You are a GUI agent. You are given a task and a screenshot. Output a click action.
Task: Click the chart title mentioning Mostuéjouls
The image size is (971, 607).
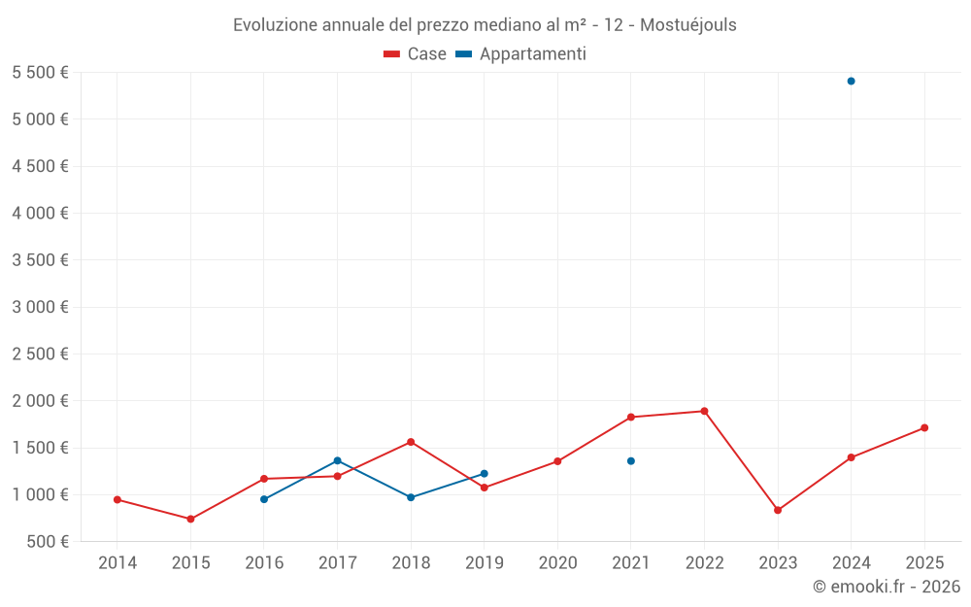coord(485,24)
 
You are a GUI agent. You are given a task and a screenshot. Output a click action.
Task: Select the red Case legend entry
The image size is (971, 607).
coord(415,54)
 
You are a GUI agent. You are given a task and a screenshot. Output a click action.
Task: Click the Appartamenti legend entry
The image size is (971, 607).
coord(520,54)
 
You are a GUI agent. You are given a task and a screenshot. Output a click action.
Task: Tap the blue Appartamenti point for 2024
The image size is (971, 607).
coord(851,81)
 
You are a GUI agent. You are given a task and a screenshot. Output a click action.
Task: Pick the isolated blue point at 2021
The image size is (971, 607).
coord(631,461)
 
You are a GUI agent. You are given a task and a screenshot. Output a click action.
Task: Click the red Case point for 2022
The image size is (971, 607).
coord(704,411)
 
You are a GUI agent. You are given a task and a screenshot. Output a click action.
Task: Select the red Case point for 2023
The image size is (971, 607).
coord(778,510)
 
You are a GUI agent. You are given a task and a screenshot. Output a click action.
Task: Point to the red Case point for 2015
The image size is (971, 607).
coord(190,519)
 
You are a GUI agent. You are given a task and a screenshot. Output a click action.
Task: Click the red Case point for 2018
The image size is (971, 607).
coord(411,442)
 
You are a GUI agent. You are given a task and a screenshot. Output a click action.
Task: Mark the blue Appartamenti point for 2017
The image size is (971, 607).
coord(337,460)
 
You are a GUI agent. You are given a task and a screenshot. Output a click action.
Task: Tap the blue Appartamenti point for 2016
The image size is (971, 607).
coord(264,499)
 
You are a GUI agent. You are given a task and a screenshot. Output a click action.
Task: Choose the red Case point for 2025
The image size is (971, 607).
coord(924,427)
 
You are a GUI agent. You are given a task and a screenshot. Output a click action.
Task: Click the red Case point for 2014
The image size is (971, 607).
coord(117,499)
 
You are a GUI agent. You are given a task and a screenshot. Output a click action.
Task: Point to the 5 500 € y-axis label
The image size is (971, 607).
coord(40,73)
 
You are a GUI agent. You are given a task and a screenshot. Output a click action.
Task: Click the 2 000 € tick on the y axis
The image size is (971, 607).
coord(40,401)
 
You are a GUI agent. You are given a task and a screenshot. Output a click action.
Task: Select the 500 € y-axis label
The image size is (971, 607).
coord(48,542)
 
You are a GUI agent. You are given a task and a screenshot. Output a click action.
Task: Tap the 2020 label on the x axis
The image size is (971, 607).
coord(557,563)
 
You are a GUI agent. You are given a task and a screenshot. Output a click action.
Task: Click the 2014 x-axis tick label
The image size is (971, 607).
coord(117,563)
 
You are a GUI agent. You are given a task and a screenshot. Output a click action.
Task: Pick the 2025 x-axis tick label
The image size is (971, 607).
coord(924,563)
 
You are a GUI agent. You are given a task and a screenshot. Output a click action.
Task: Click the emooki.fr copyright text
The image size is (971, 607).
coord(886,587)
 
